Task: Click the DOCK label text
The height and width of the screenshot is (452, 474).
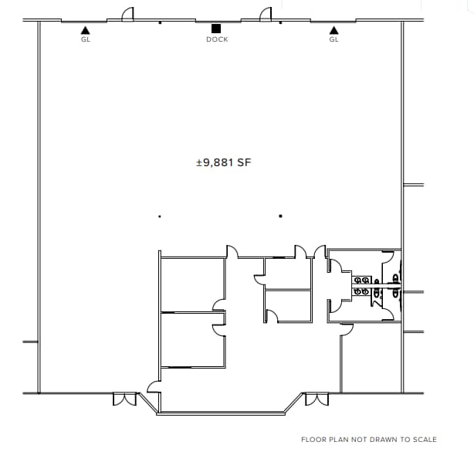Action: click(x=217, y=39)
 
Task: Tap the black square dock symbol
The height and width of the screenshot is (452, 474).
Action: click(x=217, y=29)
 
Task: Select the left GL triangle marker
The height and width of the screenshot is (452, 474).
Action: click(x=85, y=30)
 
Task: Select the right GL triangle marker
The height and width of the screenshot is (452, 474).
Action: click(x=333, y=30)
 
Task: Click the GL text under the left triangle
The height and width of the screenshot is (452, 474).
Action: click(x=85, y=39)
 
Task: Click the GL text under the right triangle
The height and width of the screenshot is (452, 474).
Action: click(x=333, y=39)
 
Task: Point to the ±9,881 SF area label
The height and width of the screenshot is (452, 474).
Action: click(x=224, y=162)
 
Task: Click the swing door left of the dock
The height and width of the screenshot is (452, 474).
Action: click(x=129, y=15)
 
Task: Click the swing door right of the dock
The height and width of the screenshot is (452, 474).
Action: click(x=265, y=15)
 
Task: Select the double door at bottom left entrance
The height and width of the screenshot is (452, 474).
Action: click(x=124, y=399)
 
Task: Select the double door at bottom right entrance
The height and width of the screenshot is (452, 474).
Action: click(x=317, y=399)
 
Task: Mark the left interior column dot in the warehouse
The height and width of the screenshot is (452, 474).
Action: click(x=159, y=216)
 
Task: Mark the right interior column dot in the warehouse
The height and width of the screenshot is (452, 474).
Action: click(x=280, y=216)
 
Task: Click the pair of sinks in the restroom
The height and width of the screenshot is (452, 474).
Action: click(x=361, y=286)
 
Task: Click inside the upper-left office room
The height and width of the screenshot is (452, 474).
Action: click(x=191, y=284)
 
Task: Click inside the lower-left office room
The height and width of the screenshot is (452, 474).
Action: click(x=191, y=338)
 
